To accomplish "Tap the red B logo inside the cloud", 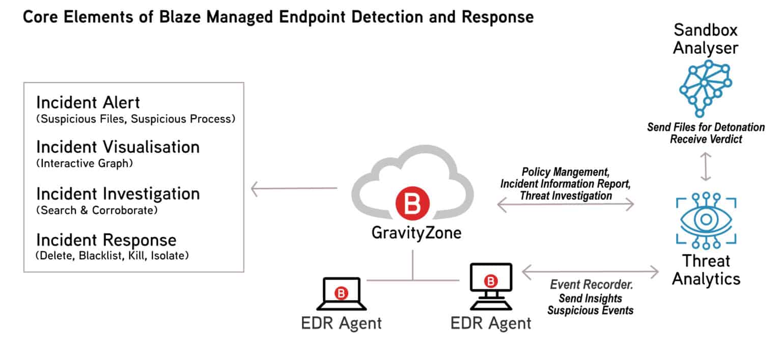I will (412, 204).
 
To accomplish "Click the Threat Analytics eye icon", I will (706, 219).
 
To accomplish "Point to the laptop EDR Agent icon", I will (342, 294).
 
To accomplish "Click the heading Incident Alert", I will (88, 102).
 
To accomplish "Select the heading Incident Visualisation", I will (118, 147).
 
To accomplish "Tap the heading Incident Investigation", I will (118, 193).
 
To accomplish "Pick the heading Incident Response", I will (106, 240).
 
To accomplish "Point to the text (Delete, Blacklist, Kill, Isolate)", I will (113, 256).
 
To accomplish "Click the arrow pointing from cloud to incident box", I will (294, 190).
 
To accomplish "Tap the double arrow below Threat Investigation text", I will (565, 205).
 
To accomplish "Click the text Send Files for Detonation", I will (706, 127).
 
